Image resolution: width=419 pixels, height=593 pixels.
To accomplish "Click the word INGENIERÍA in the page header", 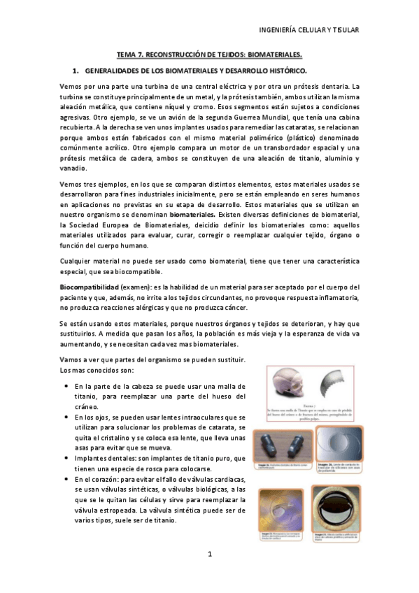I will (x=279, y=30).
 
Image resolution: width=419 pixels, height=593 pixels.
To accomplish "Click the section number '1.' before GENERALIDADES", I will (x=76, y=71).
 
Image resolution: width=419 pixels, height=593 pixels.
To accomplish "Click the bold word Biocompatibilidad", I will (x=89, y=287).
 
